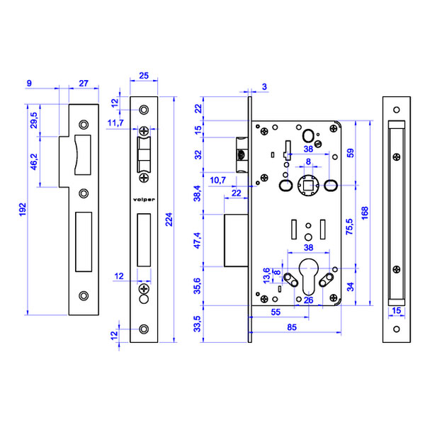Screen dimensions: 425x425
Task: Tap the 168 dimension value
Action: (364, 213)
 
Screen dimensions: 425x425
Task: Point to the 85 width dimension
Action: (291, 328)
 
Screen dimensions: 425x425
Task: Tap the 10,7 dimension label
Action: (218, 181)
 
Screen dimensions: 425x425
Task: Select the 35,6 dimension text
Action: (198, 285)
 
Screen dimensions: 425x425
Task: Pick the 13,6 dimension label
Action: (266, 271)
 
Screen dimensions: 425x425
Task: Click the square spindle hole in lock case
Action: (308, 185)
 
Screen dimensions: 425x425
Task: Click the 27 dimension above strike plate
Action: (84, 84)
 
